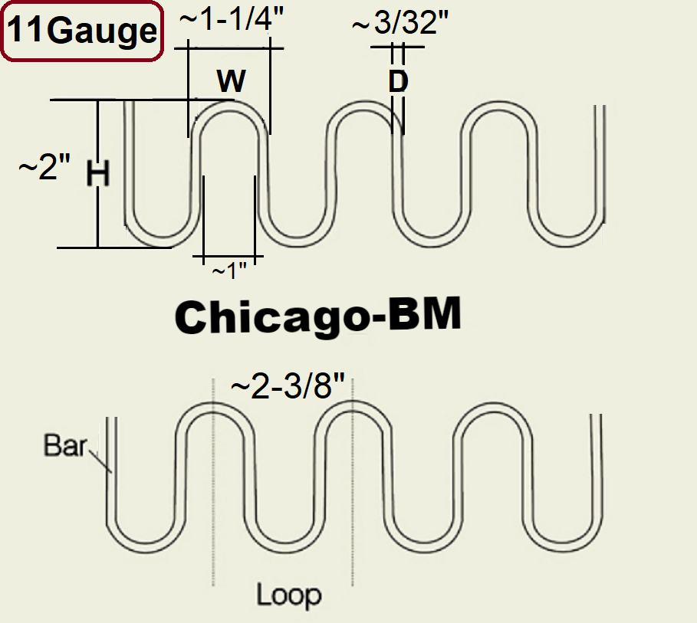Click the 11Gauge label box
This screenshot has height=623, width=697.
[x=82, y=31]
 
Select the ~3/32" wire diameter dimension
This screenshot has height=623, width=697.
[x=399, y=24]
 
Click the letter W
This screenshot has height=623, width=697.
[x=230, y=79]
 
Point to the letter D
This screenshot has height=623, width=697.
[x=397, y=81]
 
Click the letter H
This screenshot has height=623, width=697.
[x=97, y=175]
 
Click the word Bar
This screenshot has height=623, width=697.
[x=64, y=445]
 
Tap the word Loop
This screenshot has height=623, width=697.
[x=288, y=594]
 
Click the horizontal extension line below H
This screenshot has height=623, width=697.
[x=115, y=248]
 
